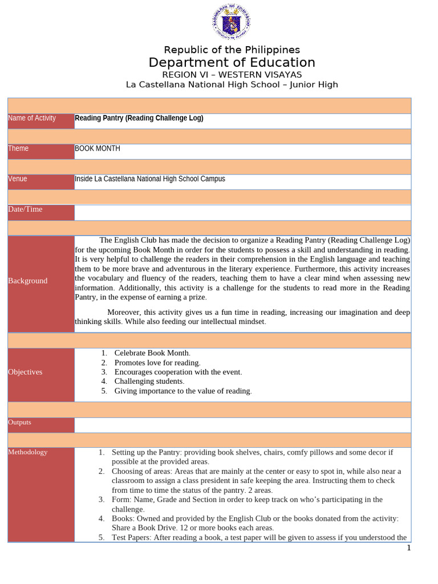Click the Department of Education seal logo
[231, 22]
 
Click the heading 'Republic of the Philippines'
[232, 50]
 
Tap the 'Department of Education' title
[232, 63]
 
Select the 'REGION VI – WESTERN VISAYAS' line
[232, 75]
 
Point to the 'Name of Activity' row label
[32, 118]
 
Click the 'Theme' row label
[18, 148]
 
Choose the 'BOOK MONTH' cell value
[98, 148]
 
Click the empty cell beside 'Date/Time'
[242, 212]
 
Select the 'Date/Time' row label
[25, 209]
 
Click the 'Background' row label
[28, 281]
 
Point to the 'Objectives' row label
[25, 372]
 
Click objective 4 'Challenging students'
[149, 381]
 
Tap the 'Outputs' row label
[20, 423]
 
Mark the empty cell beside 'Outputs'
[242, 425]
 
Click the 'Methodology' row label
[28, 452]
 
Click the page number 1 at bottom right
[408, 548]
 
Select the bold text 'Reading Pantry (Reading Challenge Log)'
[139, 118]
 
